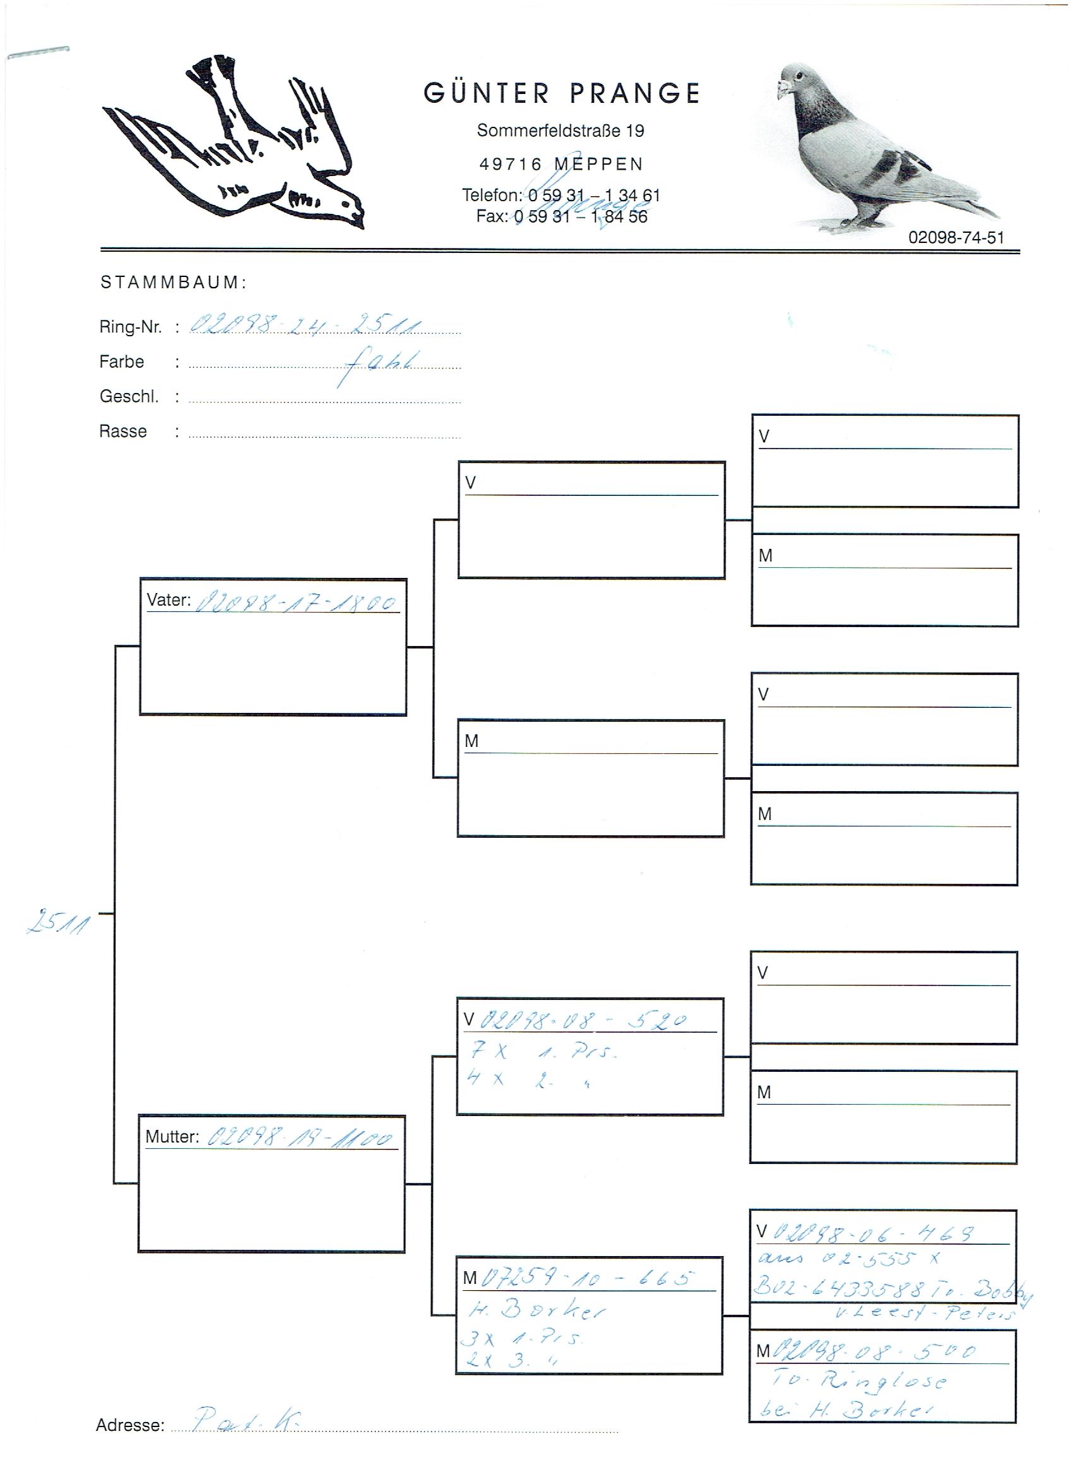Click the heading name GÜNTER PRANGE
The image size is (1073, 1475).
562,93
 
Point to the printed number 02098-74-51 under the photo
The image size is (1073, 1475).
956,238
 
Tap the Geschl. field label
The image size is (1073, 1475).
129,396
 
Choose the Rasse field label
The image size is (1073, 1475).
123,431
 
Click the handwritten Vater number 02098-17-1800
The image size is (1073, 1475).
296,603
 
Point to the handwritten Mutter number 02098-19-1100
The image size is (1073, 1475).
300,1138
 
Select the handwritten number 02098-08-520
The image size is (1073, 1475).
583,1021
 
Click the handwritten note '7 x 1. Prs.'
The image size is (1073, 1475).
543,1052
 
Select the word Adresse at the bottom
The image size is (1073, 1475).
130,1425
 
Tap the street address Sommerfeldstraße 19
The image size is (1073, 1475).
560,131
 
